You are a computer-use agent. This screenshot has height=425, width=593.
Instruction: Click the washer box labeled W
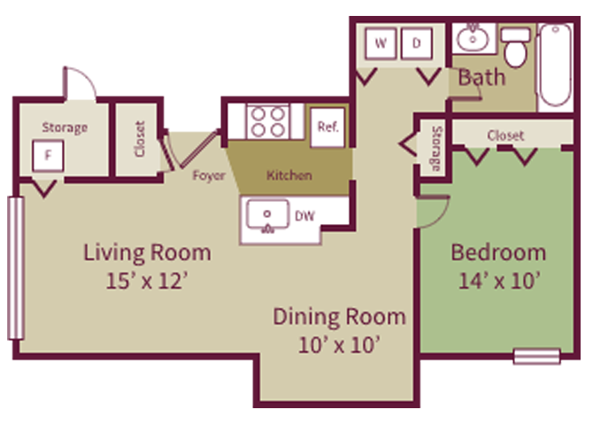pos(381,43)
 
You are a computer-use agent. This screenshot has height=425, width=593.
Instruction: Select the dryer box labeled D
pos(416,43)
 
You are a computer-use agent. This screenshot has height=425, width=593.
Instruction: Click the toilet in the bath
pos(515,50)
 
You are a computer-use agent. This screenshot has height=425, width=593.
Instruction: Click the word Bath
pos(481,77)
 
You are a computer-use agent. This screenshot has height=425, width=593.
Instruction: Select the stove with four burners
pos(267,120)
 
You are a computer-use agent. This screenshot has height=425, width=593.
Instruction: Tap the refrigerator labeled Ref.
pos(327,126)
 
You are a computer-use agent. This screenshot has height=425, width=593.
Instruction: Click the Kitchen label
pos(289,174)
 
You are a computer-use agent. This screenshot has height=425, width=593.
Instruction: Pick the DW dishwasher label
pos(305,215)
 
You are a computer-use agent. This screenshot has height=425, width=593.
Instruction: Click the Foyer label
pos(209,174)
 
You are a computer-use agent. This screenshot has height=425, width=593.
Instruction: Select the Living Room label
pos(147,252)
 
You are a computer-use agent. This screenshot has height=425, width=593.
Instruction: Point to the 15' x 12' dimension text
pos(147,282)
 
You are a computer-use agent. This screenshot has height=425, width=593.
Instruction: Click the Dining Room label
pos(339,316)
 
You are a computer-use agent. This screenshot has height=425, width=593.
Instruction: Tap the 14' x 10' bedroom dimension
pos(499,281)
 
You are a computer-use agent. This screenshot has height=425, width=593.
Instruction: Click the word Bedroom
pos(498,251)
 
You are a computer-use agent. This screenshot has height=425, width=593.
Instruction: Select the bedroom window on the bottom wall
pos(536,356)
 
